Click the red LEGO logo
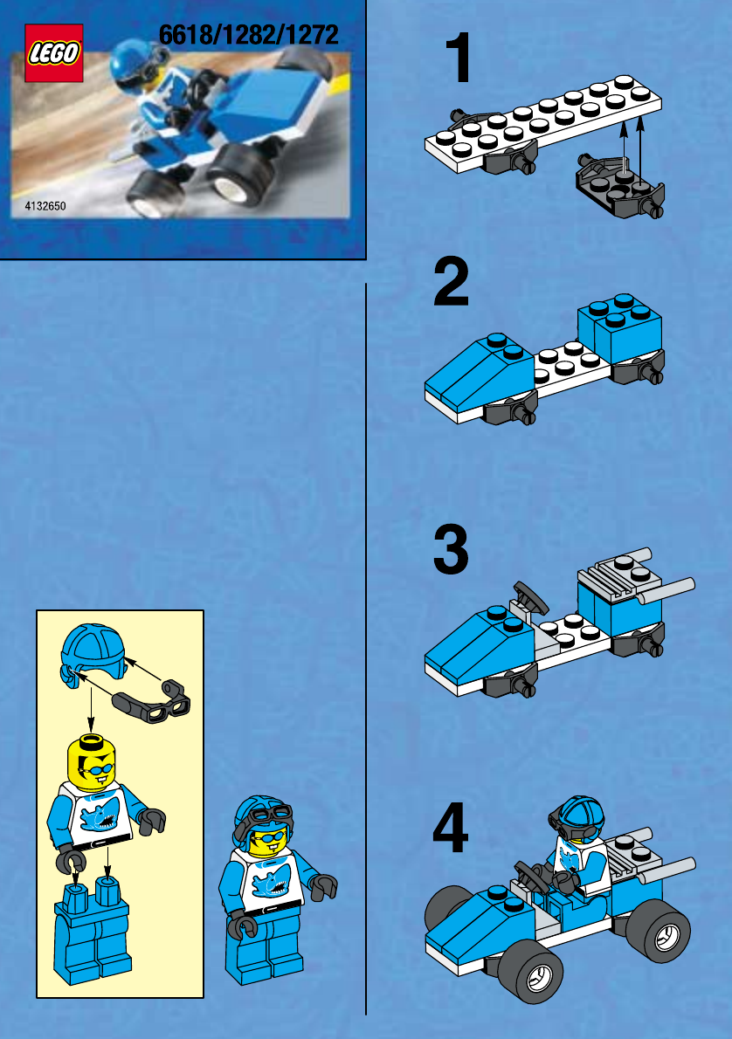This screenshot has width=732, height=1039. [x=53, y=53]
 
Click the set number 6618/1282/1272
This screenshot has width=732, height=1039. [x=249, y=35]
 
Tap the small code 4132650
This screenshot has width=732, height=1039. [x=45, y=206]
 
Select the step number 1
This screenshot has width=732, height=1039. [x=459, y=58]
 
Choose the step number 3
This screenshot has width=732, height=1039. [x=451, y=549]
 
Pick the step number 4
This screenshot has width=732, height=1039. [x=450, y=828]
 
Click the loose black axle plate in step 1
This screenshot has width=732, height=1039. [x=620, y=187]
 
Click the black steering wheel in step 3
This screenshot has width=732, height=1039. [x=530, y=595]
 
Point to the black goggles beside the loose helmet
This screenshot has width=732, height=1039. [x=153, y=701]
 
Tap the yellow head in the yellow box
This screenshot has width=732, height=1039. [x=92, y=763]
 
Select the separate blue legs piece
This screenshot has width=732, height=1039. [x=92, y=931]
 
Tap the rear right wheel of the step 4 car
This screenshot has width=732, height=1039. [x=659, y=931]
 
